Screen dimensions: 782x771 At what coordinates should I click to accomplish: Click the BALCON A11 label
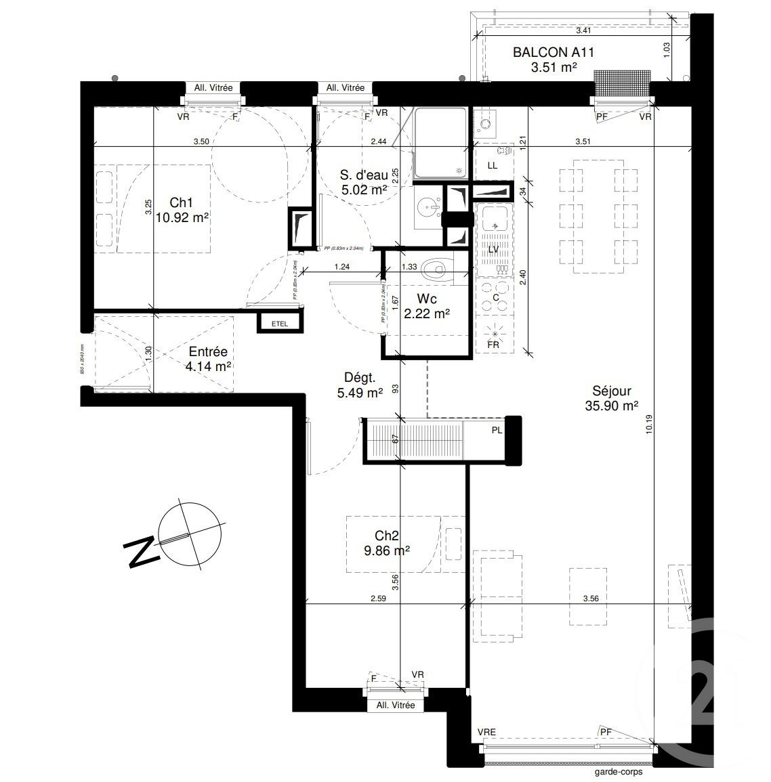(544, 59)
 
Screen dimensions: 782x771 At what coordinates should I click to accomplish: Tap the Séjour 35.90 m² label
(611, 398)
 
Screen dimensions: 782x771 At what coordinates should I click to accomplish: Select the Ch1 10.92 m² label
(181, 210)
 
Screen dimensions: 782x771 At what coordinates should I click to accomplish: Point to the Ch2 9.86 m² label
(386, 544)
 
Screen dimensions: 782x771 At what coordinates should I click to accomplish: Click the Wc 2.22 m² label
(427, 305)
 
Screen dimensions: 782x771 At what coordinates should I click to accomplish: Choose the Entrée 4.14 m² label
(208, 359)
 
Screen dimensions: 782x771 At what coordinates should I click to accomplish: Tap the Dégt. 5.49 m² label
(360, 385)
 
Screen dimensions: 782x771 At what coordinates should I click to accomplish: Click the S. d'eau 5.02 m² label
(363, 183)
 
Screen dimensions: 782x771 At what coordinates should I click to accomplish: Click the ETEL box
(279, 324)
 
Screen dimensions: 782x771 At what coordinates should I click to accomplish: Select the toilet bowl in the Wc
(433, 271)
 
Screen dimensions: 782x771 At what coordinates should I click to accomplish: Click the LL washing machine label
(493, 165)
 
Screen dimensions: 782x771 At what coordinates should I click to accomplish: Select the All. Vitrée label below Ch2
(395, 705)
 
